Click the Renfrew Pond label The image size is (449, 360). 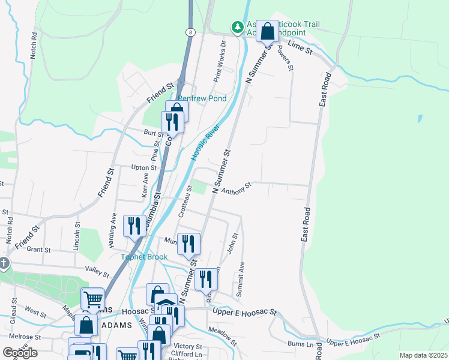click(x=201, y=98)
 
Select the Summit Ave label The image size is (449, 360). click(x=242, y=272)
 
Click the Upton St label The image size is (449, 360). click(x=144, y=168)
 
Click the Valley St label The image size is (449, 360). click(x=97, y=272)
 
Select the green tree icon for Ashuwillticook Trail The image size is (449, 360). click(x=238, y=27)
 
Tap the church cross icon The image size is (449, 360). click(x=4, y=263)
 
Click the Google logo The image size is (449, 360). click(x=20, y=353)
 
